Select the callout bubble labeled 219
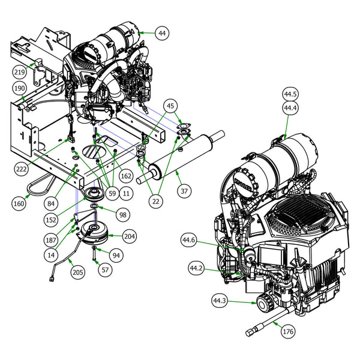pos(20,72)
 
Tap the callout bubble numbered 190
pos(20,89)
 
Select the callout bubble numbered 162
pos(125,176)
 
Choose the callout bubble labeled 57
pos(104,270)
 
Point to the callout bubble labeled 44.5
pos(290,95)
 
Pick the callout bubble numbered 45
pos(172,107)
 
